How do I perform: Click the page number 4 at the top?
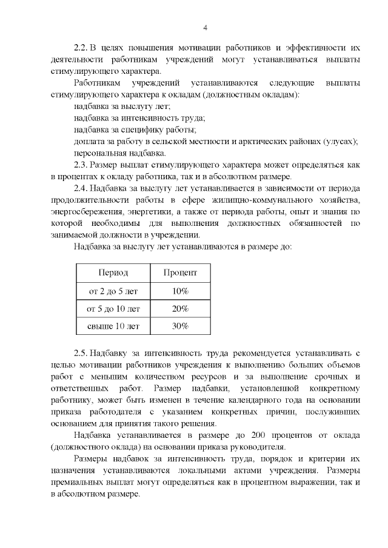click(204, 27)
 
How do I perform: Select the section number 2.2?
click(81, 47)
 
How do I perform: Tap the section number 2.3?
click(81, 165)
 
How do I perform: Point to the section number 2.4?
click(81, 188)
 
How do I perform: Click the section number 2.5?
click(81, 352)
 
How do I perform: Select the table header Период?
click(113, 273)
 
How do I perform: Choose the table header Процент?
click(180, 273)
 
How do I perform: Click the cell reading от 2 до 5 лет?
click(113, 291)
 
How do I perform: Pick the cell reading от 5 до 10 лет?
click(113, 309)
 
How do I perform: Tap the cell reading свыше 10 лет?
click(113, 326)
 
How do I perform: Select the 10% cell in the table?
click(180, 291)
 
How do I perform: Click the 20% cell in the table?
click(180, 309)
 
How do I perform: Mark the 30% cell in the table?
click(180, 326)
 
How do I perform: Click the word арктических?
click(269, 141)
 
